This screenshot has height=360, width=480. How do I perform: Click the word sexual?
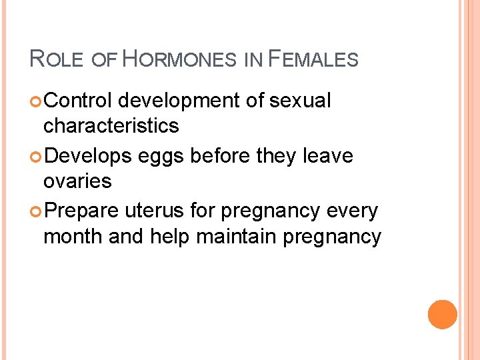pos(301,101)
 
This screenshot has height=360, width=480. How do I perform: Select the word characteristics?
pos(111,125)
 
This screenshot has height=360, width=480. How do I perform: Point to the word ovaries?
pos(77,181)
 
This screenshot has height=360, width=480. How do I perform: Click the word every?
pos(351,212)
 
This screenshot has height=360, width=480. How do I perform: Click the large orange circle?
pos(443,315)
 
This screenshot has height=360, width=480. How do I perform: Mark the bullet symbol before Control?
pos(35,101)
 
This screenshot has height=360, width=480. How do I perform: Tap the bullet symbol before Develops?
pos(35,157)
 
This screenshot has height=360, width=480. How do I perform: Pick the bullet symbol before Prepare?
pos(35,212)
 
